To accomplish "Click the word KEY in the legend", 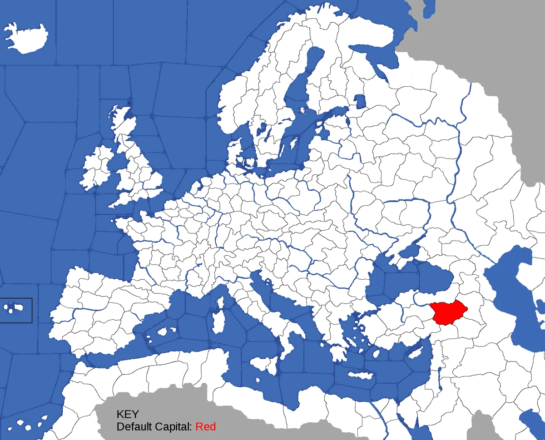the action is click(128, 414).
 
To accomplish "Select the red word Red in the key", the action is click(206, 427).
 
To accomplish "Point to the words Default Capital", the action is click(154, 427).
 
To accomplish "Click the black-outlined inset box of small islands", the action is click(16, 311).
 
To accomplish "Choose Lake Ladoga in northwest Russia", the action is click(359, 101).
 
